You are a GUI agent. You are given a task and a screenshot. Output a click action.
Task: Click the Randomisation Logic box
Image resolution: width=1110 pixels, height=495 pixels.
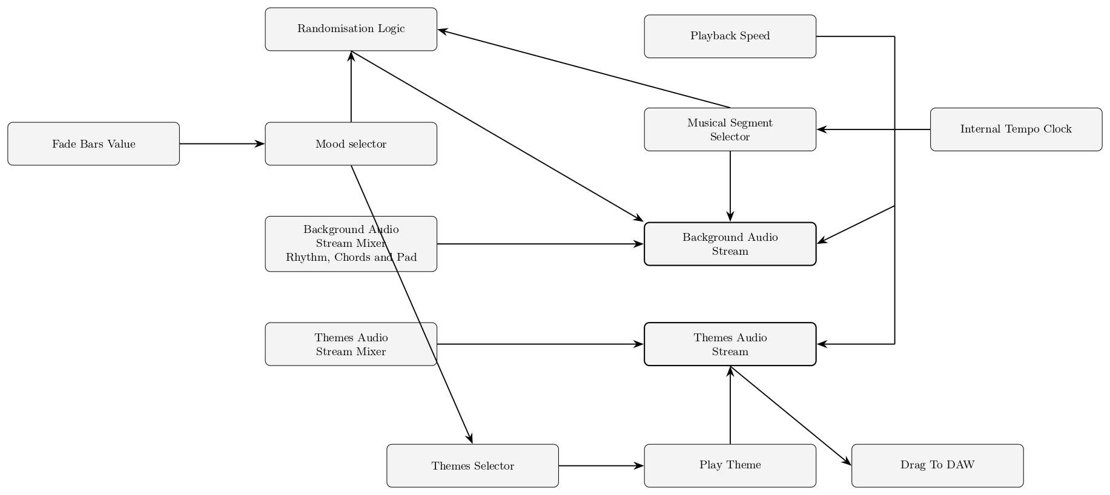tap(351, 29)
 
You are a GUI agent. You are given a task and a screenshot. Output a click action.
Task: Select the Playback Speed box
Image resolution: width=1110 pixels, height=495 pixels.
tap(730, 36)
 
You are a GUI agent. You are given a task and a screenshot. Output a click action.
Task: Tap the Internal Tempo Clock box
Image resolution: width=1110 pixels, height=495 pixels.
tap(1016, 129)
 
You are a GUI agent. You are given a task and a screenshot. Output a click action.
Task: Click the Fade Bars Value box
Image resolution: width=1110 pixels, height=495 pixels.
tap(93, 144)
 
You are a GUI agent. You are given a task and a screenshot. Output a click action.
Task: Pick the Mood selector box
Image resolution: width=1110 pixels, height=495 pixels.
tap(351, 144)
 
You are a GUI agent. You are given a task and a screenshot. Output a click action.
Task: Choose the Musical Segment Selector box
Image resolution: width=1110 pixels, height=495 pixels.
tap(730, 129)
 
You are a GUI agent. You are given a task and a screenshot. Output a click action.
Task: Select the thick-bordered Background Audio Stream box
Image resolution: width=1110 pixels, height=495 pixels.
tap(730, 244)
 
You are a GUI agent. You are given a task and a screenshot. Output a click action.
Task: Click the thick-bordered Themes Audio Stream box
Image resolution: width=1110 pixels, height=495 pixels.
tap(730, 344)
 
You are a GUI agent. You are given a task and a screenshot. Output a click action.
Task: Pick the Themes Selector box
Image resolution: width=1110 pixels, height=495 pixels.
tap(472, 466)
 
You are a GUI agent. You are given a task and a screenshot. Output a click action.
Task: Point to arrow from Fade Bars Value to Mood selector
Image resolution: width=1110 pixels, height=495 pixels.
tap(222, 144)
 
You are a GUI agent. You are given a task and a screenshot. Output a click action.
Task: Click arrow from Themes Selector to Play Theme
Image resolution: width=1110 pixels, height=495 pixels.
tap(601, 466)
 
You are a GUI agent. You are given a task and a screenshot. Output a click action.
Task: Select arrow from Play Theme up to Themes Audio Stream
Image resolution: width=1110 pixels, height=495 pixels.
tap(730, 405)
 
